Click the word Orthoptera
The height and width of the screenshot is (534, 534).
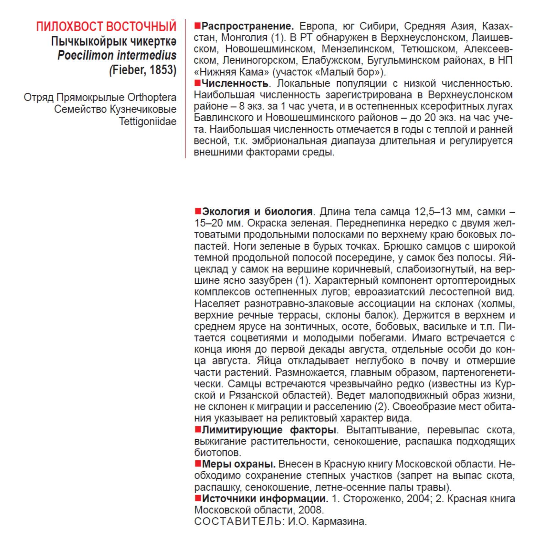tap(152, 97)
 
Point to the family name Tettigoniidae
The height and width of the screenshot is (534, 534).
tap(148, 121)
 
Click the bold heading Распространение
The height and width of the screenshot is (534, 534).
tap(247, 26)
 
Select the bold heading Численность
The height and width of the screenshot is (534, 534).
tap(235, 84)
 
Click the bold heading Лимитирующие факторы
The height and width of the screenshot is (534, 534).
tap(269, 430)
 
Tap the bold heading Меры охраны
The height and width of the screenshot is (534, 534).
tap(238, 464)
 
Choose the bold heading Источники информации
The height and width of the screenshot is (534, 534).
tap(265, 498)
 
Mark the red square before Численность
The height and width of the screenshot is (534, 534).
tap(197, 83)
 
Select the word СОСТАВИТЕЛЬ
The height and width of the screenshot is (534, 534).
tap(237, 521)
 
